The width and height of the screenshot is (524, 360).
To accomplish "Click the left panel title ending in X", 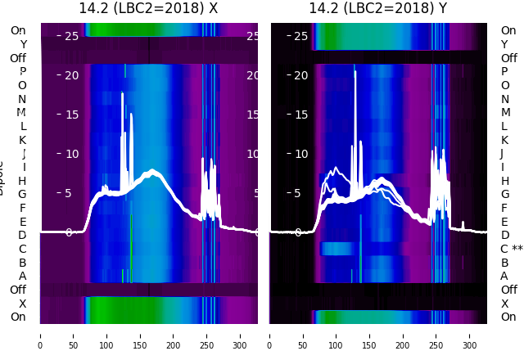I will point(148,8).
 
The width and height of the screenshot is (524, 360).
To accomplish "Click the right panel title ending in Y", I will point(378,8).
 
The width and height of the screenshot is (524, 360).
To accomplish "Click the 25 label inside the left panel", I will point(71,36).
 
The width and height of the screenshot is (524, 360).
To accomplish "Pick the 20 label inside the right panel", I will point(300,75).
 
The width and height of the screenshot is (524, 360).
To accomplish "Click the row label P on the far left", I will point(22,72).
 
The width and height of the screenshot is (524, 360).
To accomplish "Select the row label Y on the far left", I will point(23,44).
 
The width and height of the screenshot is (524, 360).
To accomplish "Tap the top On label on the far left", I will point(18,30).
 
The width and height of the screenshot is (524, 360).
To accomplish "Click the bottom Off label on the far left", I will point(18,290).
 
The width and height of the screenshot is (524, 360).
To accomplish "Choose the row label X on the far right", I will point(505,304).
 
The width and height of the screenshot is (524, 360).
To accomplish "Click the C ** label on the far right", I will point(512,249).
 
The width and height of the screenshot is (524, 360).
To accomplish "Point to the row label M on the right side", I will point(505,113).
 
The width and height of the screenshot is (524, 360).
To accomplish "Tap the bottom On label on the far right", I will point(508,317).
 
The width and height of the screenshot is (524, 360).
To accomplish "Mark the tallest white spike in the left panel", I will point(123,94).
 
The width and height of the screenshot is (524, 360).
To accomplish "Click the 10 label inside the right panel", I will point(300,154).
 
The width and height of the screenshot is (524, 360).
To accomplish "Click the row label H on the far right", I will point(505,181).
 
